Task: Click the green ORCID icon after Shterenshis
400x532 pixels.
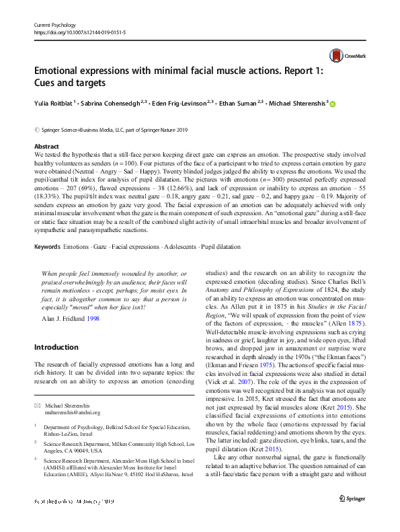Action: pyautogui.click(x=332, y=104)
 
